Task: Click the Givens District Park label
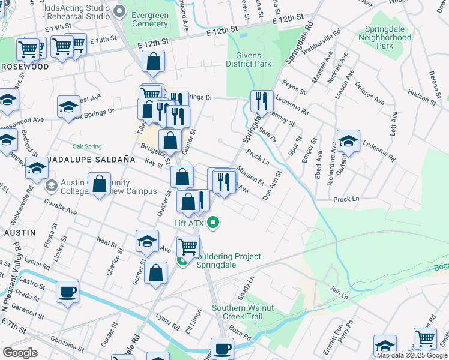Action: pyautogui.click(x=249, y=59)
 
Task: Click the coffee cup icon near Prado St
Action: pyautogui.click(x=67, y=292)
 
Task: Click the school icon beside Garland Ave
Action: pyautogui.click(x=348, y=141)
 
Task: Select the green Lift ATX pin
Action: pyautogui.click(x=212, y=224)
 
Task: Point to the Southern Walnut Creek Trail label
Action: pyautogui.click(x=243, y=312)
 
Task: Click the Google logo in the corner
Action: pyautogui.click(x=20, y=352)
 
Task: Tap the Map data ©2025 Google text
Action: pyautogui.click(x=412, y=355)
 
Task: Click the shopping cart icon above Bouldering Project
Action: pyautogui.click(x=188, y=246)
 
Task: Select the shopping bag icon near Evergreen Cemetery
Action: pyautogui.click(x=154, y=61)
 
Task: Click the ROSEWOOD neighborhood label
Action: pyautogui.click(x=25, y=66)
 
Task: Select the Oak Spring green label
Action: pyautogui.click(x=87, y=146)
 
